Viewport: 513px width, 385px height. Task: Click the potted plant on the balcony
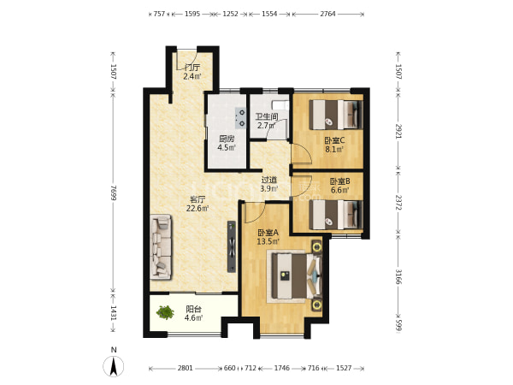pyautogui.click(x=165, y=312)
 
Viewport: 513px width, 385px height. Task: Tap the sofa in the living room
pyautogui.click(x=161, y=247)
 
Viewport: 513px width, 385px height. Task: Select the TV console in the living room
pyautogui.click(x=232, y=246)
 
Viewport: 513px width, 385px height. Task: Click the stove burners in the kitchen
pyautogui.click(x=241, y=118)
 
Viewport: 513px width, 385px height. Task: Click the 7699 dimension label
pyautogui.click(x=113, y=192)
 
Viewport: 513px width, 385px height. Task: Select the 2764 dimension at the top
pyautogui.click(x=327, y=14)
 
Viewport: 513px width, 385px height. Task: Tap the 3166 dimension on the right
pyautogui.click(x=398, y=276)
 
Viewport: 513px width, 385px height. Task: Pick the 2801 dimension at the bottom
pyautogui.click(x=186, y=368)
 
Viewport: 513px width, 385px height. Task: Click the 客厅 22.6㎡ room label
pyautogui.click(x=198, y=204)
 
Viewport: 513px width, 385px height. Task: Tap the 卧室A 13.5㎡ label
pyautogui.click(x=268, y=237)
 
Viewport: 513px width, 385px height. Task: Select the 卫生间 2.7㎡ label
pyautogui.click(x=267, y=121)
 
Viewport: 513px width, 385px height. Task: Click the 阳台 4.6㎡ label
pyautogui.click(x=194, y=313)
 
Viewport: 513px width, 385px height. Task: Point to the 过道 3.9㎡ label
pyautogui.click(x=269, y=184)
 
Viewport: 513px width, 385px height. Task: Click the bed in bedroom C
pyautogui.click(x=336, y=115)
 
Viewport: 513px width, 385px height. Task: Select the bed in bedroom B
pyautogui.click(x=336, y=215)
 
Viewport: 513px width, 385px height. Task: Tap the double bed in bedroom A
pyautogui.click(x=294, y=276)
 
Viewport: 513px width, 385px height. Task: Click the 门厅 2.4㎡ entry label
pyautogui.click(x=192, y=72)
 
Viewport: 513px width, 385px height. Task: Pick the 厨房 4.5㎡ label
pyautogui.click(x=227, y=143)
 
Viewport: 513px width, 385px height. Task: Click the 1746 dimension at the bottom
pyautogui.click(x=281, y=368)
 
